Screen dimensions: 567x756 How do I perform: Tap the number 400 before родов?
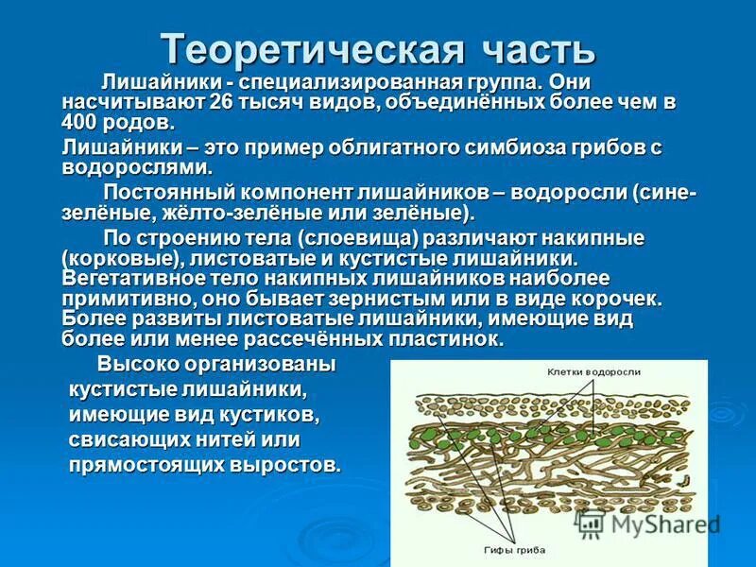pos(81,122)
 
